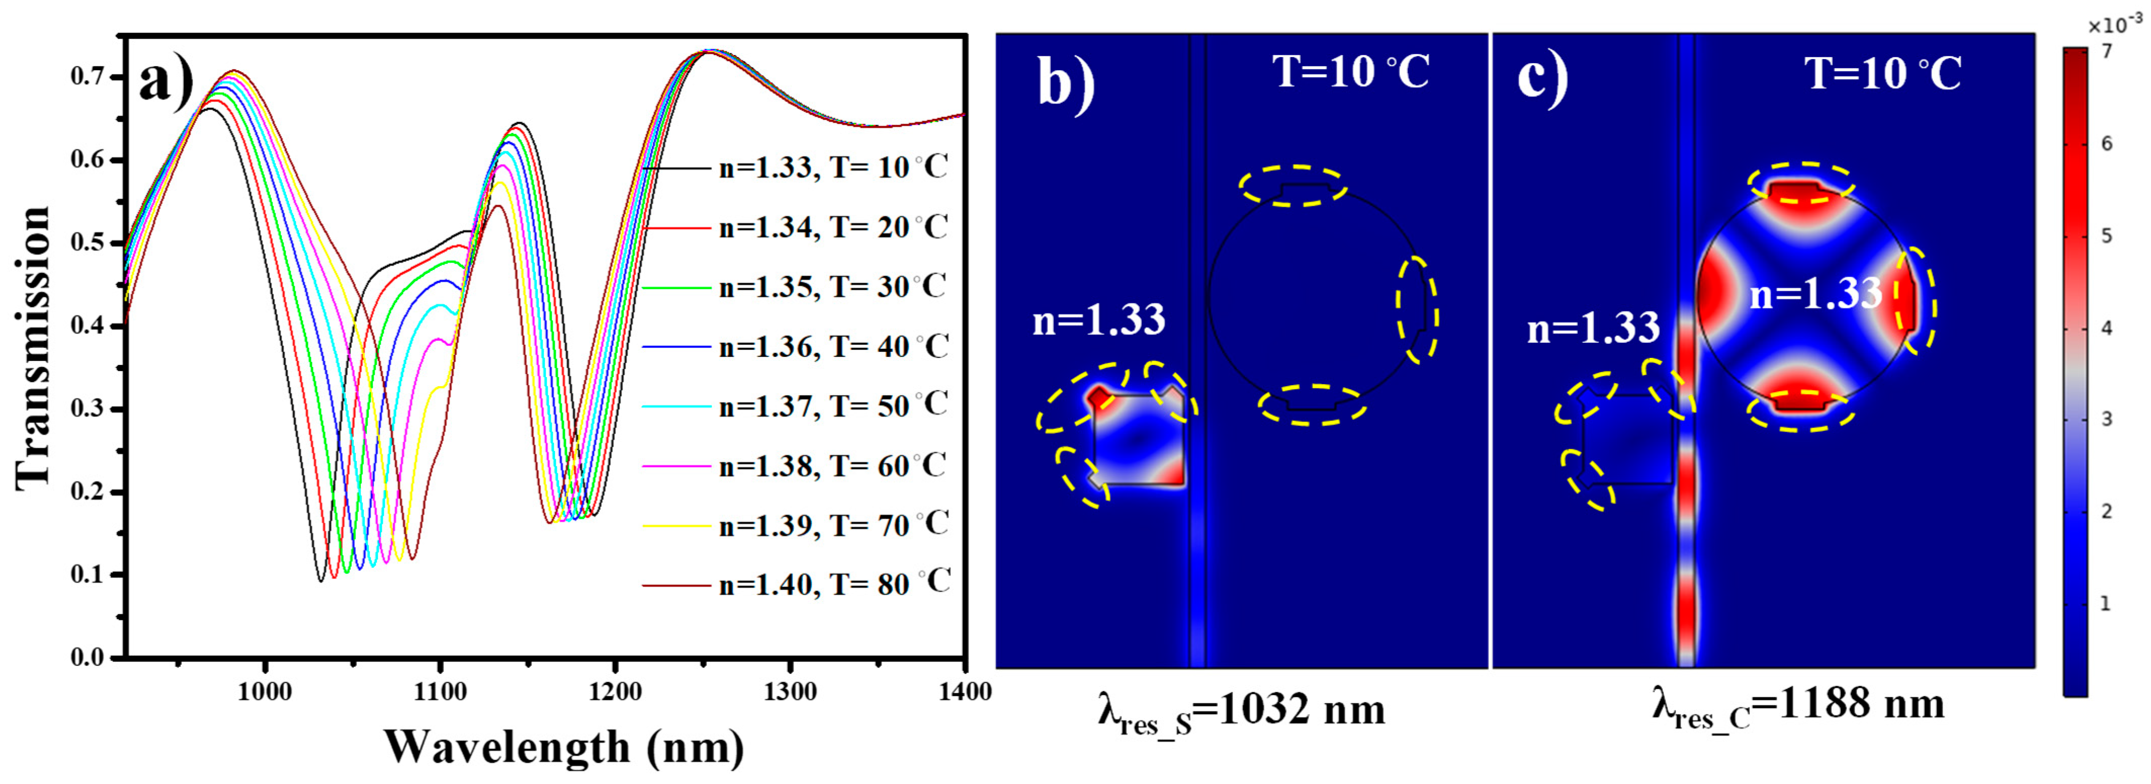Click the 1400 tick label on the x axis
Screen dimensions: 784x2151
[964, 692]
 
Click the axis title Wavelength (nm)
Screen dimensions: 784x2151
[563, 747]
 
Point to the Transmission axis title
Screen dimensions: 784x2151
[33, 346]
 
